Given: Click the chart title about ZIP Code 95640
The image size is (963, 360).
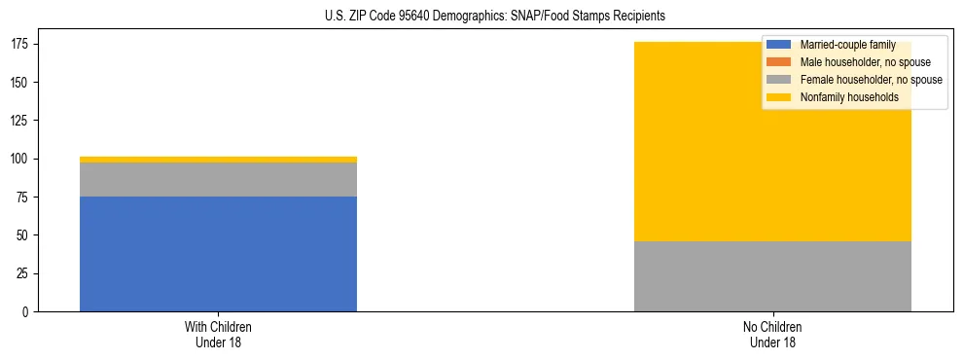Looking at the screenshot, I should click(x=495, y=17).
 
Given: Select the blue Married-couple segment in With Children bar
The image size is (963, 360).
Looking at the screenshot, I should click(x=218, y=254).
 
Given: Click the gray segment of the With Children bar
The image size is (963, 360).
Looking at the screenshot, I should click(x=218, y=180).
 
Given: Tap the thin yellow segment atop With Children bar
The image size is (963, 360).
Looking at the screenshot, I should click(x=218, y=160).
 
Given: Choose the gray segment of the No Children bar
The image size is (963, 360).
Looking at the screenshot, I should click(x=772, y=276).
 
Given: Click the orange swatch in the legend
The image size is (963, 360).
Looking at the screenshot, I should click(x=779, y=62).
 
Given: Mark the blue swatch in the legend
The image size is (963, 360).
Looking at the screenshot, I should click(x=779, y=45).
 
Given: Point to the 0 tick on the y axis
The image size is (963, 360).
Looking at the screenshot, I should click(x=28, y=312).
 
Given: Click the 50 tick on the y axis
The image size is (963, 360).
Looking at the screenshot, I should click(x=25, y=235).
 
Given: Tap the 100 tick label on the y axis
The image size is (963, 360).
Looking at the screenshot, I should click(x=22, y=159).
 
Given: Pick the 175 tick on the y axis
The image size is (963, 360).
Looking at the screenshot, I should click(x=22, y=44).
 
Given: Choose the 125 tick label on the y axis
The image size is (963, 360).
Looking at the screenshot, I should click(x=22, y=121).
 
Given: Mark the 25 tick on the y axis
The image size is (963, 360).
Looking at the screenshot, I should click(x=25, y=273).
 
